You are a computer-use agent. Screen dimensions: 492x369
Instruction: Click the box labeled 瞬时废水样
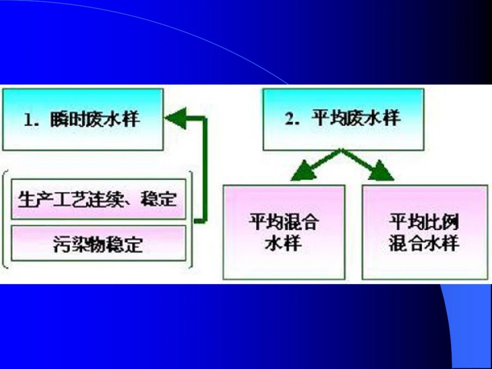pos(83,120)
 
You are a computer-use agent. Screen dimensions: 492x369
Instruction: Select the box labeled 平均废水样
pos(344,120)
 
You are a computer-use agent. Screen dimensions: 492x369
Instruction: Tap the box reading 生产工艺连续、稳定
pos(99,199)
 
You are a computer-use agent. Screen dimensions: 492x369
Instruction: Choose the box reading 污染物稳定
pos(99,243)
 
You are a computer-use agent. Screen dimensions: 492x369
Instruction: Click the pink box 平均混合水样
pos(284,232)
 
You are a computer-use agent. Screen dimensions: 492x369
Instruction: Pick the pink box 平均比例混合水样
pos(425,232)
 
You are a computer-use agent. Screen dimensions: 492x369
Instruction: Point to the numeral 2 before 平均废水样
pos(289,118)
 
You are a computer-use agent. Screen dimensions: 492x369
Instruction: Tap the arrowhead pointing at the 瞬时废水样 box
pos(176,118)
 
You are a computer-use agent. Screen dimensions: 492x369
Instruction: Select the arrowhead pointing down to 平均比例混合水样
pos(381,171)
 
